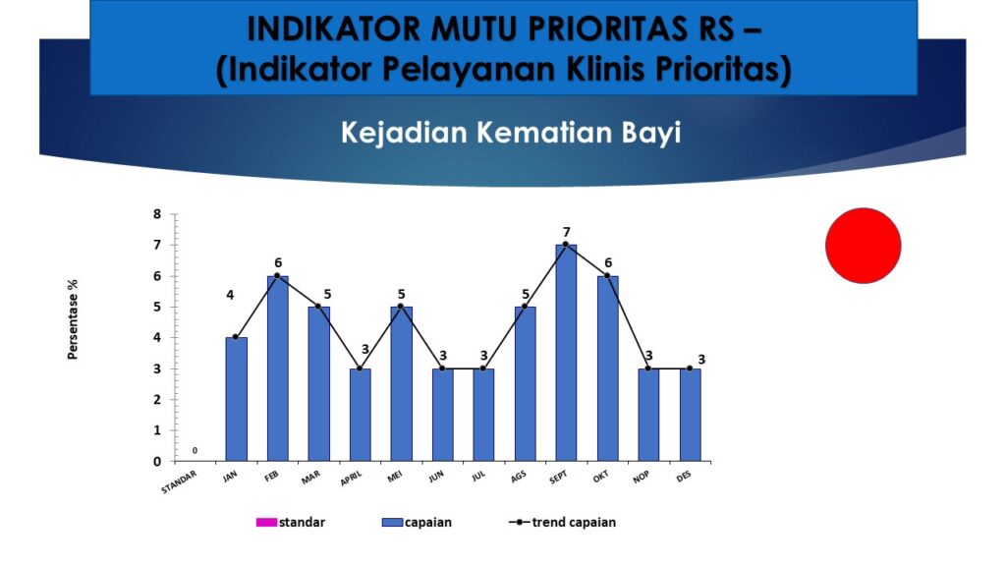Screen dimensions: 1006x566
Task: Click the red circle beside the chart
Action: [x=863, y=245]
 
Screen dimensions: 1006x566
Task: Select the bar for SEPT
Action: [x=566, y=353]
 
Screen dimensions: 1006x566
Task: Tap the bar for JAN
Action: [x=236, y=399]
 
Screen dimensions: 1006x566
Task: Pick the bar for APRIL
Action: [x=360, y=415]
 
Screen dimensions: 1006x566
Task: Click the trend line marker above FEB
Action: [x=277, y=275]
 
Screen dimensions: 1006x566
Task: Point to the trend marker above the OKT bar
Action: [x=607, y=275]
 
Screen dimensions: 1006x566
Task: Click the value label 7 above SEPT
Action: [x=567, y=232]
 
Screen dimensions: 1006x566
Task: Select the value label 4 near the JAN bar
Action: [x=230, y=295]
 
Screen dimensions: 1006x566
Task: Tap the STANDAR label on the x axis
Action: [x=179, y=482]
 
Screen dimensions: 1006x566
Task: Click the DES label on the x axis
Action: [x=684, y=477]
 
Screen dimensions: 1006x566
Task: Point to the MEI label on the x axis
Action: [x=395, y=477]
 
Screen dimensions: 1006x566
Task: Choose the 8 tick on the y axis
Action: [x=157, y=214]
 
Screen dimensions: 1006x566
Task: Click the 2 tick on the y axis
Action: [x=157, y=400]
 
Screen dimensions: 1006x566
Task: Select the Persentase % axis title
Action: [x=73, y=319]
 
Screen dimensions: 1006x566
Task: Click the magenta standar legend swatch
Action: [x=266, y=523]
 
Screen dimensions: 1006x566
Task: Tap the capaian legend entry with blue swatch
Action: [x=417, y=523]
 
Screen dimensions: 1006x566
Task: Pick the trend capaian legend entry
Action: [x=562, y=523]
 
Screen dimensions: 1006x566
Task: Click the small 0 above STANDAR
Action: [x=196, y=450]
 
